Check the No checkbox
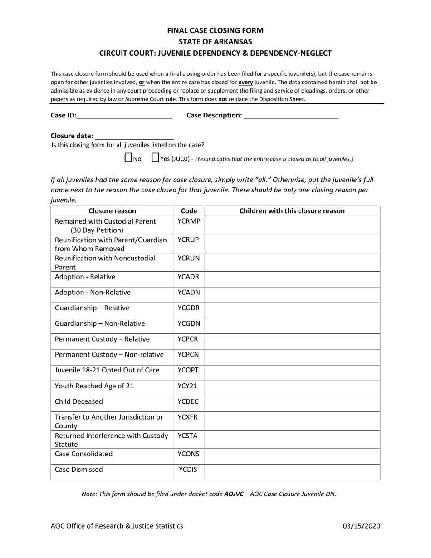point(128,158)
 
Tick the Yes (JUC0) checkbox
point(155,158)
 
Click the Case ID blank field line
point(124,116)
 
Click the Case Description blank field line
point(291,116)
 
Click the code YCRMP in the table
point(189,221)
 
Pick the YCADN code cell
point(189,293)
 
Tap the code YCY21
point(188,386)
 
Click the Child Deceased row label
point(79,401)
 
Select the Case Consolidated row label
point(83,454)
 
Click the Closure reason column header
point(112,211)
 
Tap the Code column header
point(189,211)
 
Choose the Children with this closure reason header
point(292,211)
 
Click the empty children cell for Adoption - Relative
point(292,279)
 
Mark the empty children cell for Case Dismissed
point(292,472)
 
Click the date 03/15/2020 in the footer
point(361,526)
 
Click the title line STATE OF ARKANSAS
point(215,42)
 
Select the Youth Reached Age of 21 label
point(94,386)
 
